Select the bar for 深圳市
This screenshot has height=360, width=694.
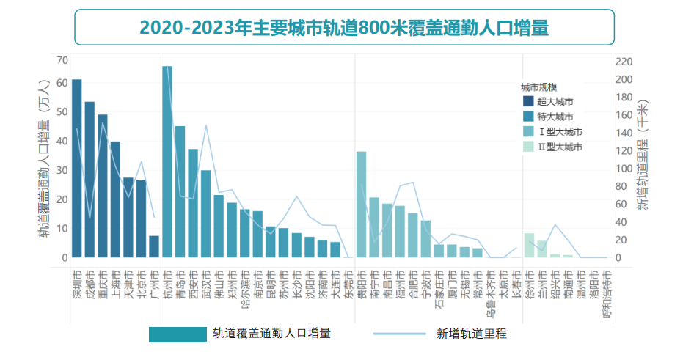pyautogui.click(x=77, y=168)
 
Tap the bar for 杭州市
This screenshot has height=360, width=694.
pyautogui.click(x=167, y=161)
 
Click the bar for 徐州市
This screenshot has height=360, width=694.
pyautogui.click(x=529, y=245)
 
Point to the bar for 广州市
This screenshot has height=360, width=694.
pyautogui.click(x=154, y=246)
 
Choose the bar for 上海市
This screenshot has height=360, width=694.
pyautogui.click(x=115, y=199)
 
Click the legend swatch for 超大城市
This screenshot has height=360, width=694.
pyautogui.click(x=527, y=101)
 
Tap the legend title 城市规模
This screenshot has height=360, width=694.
pyautogui.click(x=539, y=87)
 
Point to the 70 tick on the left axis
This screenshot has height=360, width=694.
pyautogui.click(x=62, y=60)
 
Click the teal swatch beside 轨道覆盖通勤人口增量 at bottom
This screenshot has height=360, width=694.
pyautogui.click(x=178, y=334)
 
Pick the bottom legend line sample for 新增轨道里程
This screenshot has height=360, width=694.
pyautogui.click(x=399, y=334)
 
